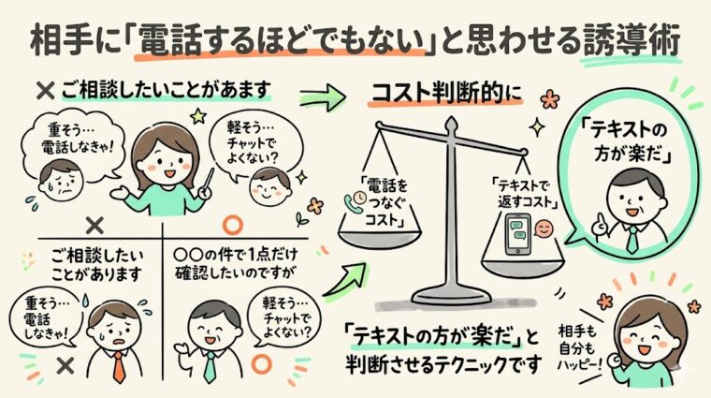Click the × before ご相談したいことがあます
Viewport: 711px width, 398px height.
pyautogui.click(x=41, y=91)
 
